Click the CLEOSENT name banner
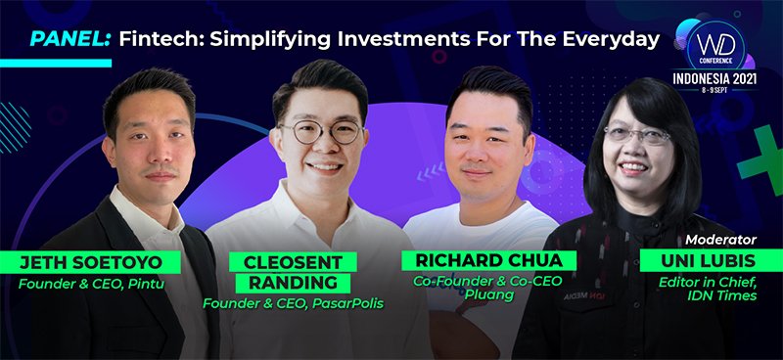point(280,262)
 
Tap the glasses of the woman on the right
point(637,136)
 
